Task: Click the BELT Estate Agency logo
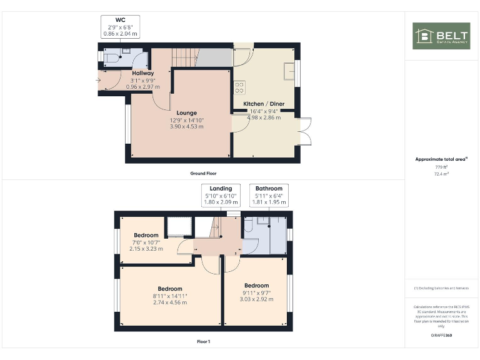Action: click(x=441, y=36)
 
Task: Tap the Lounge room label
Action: click(x=186, y=113)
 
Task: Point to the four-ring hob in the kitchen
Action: click(x=239, y=87)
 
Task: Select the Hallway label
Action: click(x=142, y=73)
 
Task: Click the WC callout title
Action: click(x=120, y=20)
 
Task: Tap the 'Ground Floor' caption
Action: click(x=203, y=173)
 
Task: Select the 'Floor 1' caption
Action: click(x=203, y=342)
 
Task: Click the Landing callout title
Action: click(x=221, y=188)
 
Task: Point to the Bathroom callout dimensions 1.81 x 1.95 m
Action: click(x=269, y=202)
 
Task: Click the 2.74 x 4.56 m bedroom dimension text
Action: click(x=170, y=302)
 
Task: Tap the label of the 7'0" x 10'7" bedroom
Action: click(x=146, y=236)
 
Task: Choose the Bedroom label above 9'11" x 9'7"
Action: click(x=256, y=286)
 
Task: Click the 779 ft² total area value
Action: click(x=441, y=167)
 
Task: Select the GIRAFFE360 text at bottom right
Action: click(x=441, y=336)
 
